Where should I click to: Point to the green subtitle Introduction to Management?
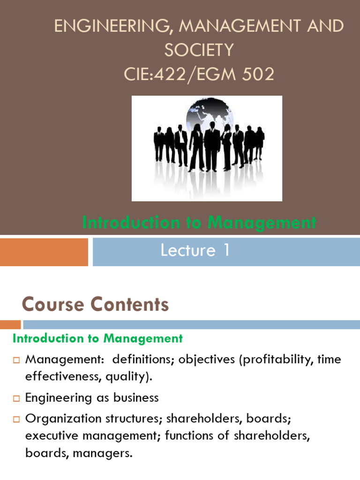coord(199,223)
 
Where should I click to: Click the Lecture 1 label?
coord(195,251)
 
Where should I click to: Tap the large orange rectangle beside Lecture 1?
coord(44,252)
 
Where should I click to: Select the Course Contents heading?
coord(95,305)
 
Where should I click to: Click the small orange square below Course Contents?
coord(10,324)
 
